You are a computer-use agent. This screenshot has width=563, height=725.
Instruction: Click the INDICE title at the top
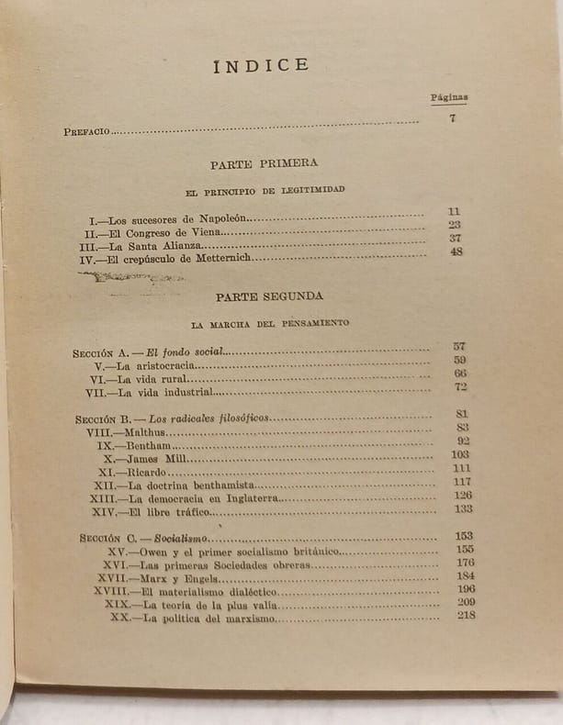[261, 65]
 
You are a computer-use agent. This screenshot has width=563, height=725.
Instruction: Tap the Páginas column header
[449, 96]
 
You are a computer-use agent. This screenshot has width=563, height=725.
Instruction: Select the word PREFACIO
[86, 131]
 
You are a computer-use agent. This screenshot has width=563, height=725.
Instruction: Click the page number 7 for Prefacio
[453, 117]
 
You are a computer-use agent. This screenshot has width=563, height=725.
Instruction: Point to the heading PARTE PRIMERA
[264, 163]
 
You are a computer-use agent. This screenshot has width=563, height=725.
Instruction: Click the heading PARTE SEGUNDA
[269, 297]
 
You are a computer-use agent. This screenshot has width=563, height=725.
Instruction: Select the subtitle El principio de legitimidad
[265, 189]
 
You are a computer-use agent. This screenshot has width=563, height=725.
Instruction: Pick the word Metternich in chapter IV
[220, 259]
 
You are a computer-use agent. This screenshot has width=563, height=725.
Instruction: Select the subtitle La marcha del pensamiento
[269, 324]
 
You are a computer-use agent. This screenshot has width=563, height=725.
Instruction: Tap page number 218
[465, 615]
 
